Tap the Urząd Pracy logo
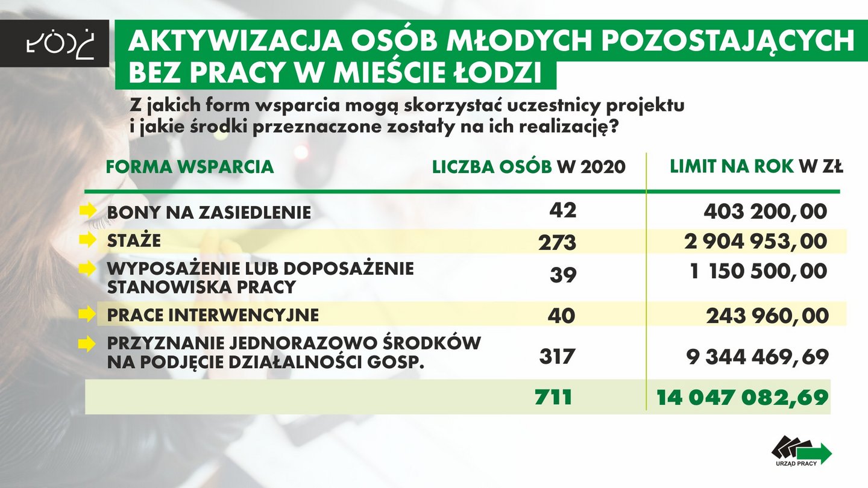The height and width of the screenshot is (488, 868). point(801,451)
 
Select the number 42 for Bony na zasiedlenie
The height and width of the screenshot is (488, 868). point(563,210)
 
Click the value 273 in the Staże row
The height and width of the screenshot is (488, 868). point(557,242)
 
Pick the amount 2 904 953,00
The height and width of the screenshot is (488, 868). point(755,241)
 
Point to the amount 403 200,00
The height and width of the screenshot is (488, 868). point(766,211)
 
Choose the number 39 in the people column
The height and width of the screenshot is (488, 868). point(563,275)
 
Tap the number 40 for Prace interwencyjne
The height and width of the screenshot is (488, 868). point(561,315)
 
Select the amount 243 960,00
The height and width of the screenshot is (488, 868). point(767,316)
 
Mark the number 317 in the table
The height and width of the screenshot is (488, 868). point(557,356)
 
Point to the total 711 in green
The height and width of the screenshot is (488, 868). point(553,397)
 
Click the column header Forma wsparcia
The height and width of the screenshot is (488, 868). point(190,167)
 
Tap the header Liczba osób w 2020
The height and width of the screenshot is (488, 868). point(529,167)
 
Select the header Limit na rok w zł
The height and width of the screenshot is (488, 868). point(756,167)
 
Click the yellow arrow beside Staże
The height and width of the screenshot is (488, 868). point(88,240)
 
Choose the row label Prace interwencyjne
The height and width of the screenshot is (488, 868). point(213,315)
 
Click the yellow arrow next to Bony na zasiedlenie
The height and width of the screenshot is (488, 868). point(88,211)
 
